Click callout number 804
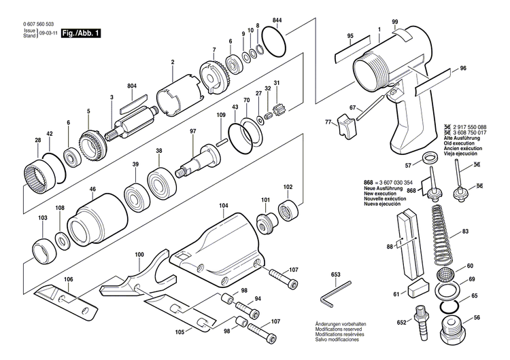132,86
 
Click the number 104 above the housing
223,204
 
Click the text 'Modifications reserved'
337,331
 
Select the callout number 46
92,190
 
